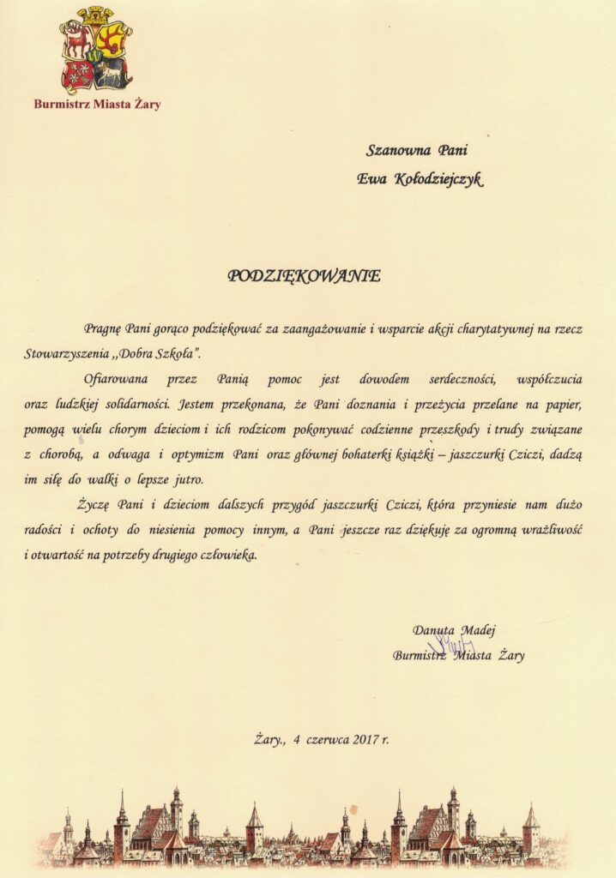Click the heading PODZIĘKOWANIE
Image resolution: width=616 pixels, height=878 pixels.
(304, 276)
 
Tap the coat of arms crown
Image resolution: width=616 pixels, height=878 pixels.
(95, 14)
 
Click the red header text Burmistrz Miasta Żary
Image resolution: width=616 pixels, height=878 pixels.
(97, 105)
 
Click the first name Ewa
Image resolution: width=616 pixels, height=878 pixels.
(371, 178)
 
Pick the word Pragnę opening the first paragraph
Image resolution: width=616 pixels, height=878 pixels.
(103, 328)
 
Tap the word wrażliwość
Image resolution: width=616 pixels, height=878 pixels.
(549, 529)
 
